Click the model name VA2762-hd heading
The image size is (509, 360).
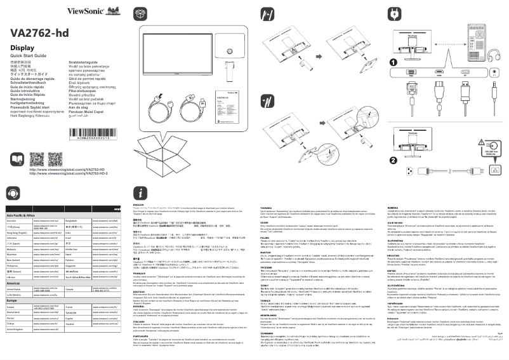[39, 33]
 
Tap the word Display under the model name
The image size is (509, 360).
[22, 48]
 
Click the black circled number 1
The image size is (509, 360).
[393, 62]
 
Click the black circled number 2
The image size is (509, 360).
[393, 159]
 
